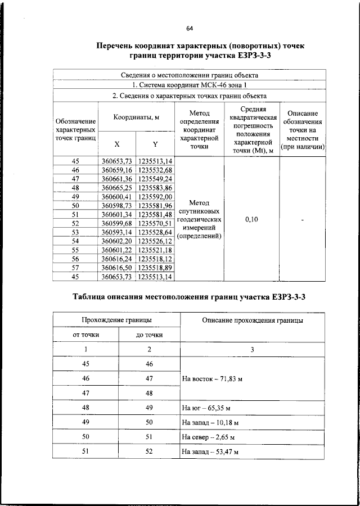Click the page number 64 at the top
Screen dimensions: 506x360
pyautogui.click(x=190, y=28)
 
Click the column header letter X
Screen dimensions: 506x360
pyautogui.click(x=116, y=143)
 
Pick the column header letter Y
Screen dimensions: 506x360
pyautogui.click(x=155, y=143)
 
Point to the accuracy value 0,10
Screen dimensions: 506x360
pyautogui.click(x=251, y=220)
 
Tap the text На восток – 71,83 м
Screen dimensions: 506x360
pyautogui.click(x=213, y=379)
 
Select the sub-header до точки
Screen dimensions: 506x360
pyautogui.click(x=150, y=335)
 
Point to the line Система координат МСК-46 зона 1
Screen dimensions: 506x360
pyautogui.click(x=190, y=85)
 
